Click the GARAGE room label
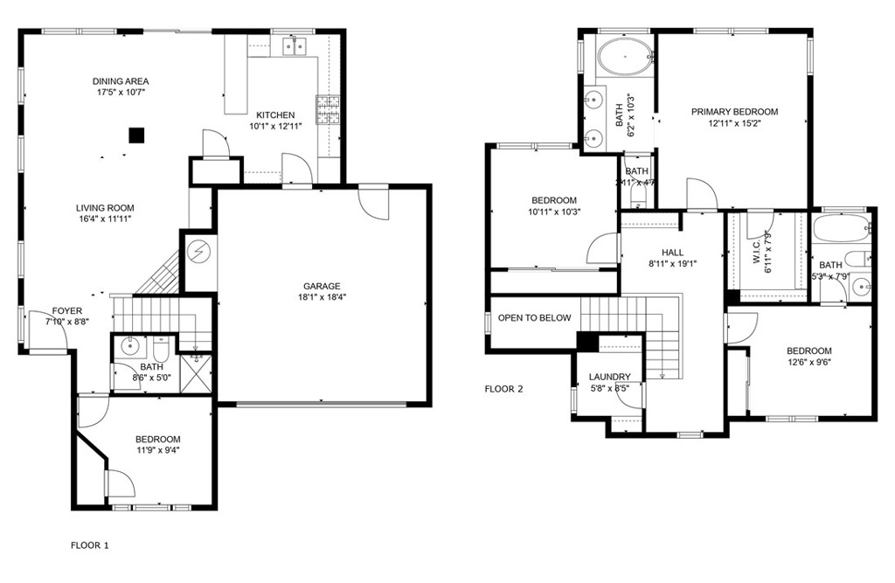[x=322, y=286]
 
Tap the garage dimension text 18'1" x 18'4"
[x=322, y=297]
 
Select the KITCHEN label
[x=274, y=115]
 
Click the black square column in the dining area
[x=136, y=135]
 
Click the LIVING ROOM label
[x=105, y=208]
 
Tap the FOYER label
[x=67, y=310]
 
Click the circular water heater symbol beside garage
[x=199, y=252]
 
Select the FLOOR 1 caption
[x=90, y=545]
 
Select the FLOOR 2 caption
[x=503, y=389]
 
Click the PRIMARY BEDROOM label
[x=734, y=112]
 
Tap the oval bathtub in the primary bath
[x=626, y=56]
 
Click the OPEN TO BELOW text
[x=534, y=318]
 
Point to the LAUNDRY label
[x=609, y=377]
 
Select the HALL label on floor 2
[x=672, y=252]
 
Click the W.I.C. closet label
[x=757, y=252]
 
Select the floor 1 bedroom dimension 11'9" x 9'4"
[x=157, y=450]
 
